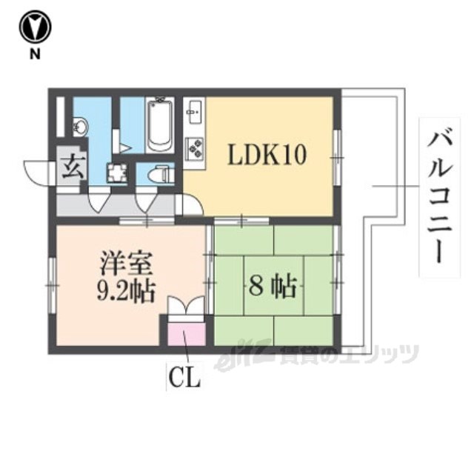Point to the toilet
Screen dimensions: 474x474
point(158,175)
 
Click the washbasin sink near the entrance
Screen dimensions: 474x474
point(80,128)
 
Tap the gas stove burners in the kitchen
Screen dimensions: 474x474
point(196,148)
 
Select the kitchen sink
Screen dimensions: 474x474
point(193,115)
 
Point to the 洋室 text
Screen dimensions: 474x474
point(127,264)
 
